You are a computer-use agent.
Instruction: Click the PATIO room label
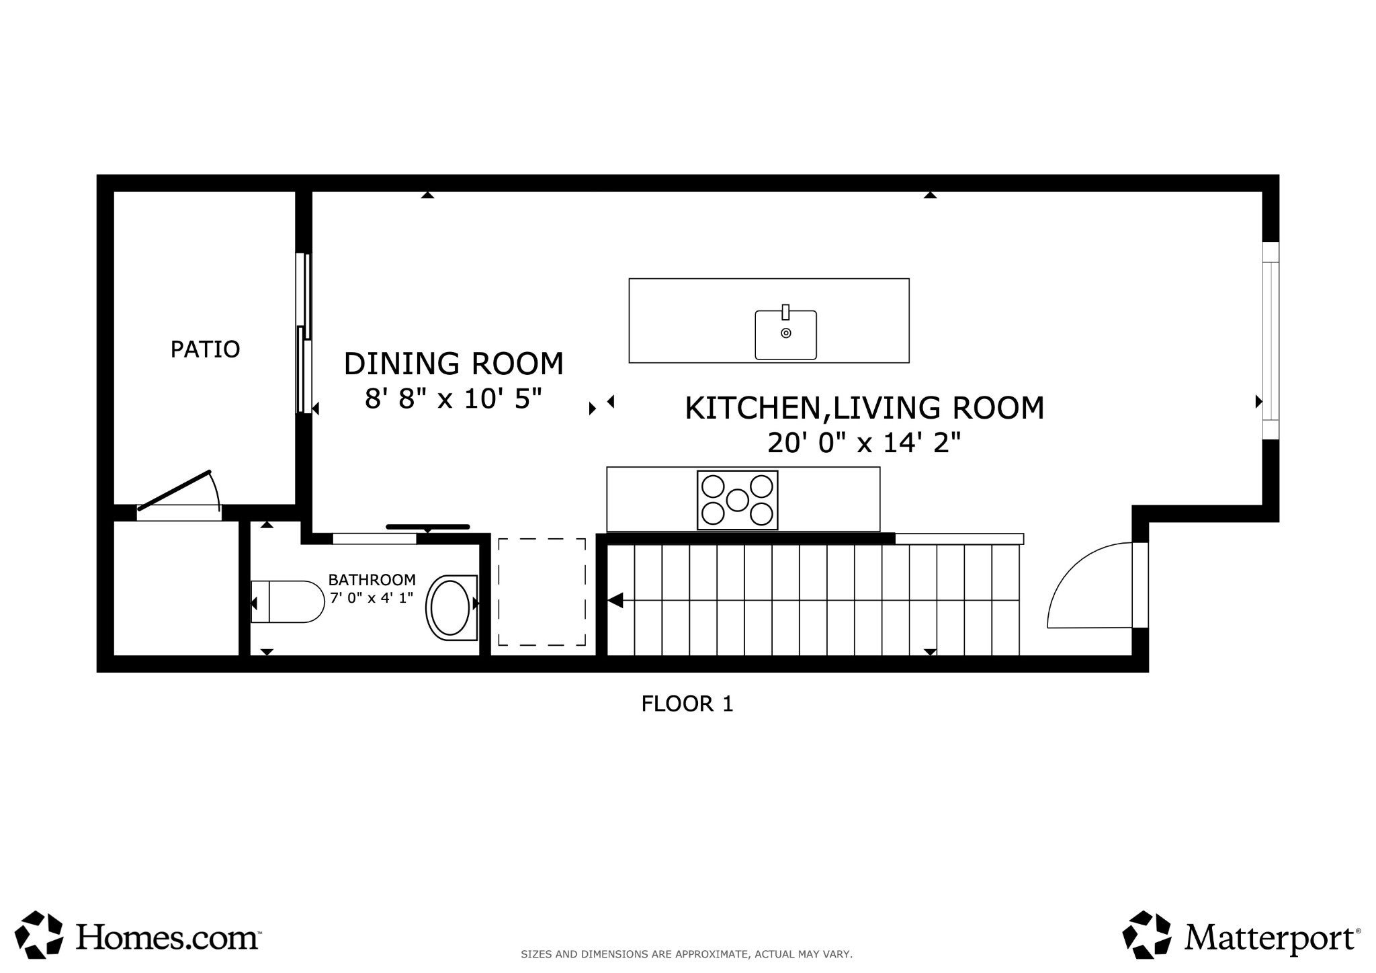click(205, 349)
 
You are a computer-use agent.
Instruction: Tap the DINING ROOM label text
click(454, 364)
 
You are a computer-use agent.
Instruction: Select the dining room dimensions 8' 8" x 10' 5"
click(454, 399)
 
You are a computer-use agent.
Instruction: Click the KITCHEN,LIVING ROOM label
click(865, 409)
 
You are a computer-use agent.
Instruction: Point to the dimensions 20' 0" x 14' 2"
click(865, 443)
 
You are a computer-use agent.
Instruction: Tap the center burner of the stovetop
click(737, 500)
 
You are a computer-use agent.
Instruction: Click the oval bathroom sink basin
click(451, 607)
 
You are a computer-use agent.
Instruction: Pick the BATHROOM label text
click(372, 580)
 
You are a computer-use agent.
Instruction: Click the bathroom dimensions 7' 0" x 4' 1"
click(372, 597)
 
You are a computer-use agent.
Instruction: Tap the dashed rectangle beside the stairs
click(542, 592)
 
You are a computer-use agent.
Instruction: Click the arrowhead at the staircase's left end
click(615, 600)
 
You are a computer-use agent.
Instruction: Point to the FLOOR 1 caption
click(687, 704)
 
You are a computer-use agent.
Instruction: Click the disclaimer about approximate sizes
click(687, 954)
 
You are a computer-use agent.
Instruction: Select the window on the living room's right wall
click(1271, 341)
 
